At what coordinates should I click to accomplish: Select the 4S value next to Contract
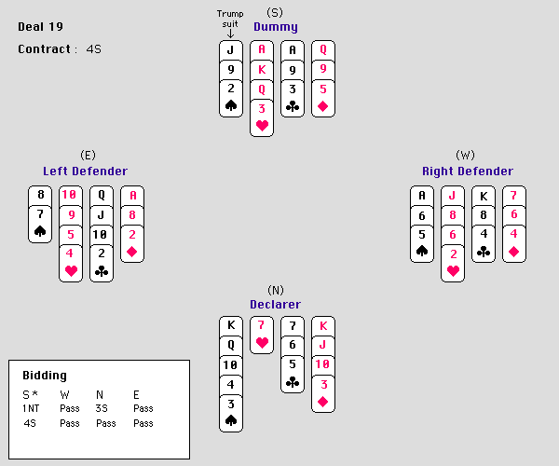(x=93, y=48)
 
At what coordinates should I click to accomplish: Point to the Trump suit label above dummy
(x=230, y=19)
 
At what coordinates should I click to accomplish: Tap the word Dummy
(x=275, y=27)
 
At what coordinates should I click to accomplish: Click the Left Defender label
(x=85, y=171)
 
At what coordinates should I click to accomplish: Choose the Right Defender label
(x=467, y=171)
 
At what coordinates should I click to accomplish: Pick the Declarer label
(x=275, y=305)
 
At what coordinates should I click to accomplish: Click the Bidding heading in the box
(x=45, y=375)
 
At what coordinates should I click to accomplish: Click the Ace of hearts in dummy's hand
(x=262, y=49)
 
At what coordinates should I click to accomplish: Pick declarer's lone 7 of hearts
(x=262, y=325)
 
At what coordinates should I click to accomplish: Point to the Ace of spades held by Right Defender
(x=422, y=196)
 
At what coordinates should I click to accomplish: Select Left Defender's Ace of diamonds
(x=133, y=196)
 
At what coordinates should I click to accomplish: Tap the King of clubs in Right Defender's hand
(x=484, y=196)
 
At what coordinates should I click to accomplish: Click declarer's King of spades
(x=231, y=325)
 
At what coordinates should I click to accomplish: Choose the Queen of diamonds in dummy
(x=323, y=49)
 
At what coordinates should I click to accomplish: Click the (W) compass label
(x=466, y=155)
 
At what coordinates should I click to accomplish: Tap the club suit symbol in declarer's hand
(x=293, y=382)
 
